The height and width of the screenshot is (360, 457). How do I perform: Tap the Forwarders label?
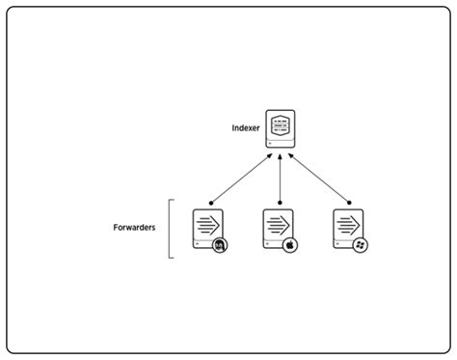[134, 229]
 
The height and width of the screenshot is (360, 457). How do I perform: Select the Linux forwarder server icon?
[207, 230]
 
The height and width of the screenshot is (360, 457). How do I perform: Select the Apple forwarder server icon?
[279, 230]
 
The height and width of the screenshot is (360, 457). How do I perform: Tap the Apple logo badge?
[289, 245]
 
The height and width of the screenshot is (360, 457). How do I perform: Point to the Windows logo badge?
[360, 245]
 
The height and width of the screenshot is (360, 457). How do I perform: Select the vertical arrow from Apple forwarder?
[280, 179]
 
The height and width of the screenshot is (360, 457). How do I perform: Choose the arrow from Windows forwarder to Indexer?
[318, 179]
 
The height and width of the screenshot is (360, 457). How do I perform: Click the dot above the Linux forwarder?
[210, 204]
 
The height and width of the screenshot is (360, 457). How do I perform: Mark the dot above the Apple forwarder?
[280, 204]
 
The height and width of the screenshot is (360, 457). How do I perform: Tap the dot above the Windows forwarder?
[348, 204]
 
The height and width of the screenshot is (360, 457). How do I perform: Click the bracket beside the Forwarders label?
[171, 229]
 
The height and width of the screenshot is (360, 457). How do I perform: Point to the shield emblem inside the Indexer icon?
[280, 125]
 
